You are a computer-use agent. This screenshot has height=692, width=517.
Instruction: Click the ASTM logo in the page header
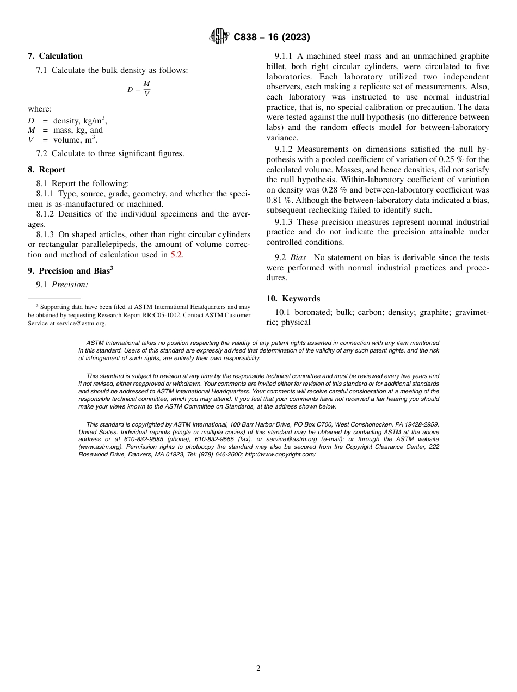click(x=219, y=37)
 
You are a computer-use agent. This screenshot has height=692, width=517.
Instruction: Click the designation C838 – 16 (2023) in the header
click(x=272, y=38)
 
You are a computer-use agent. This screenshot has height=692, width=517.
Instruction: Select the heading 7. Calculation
click(x=55, y=56)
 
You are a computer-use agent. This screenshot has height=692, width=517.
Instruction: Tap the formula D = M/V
click(x=139, y=89)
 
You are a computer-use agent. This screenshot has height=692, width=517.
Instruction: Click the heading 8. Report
click(x=46, y=170)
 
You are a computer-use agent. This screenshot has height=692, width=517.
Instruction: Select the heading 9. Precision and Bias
click(x=71, y=270)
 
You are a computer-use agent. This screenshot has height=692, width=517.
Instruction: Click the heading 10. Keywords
click(x=293, y=299)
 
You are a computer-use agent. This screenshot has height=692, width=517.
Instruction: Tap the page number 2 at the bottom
click(x=258, y=669)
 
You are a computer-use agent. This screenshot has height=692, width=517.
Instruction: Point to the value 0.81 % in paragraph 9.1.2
click(x=278, y=200)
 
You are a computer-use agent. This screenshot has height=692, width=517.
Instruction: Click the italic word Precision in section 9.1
click(x=70, y=285)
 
